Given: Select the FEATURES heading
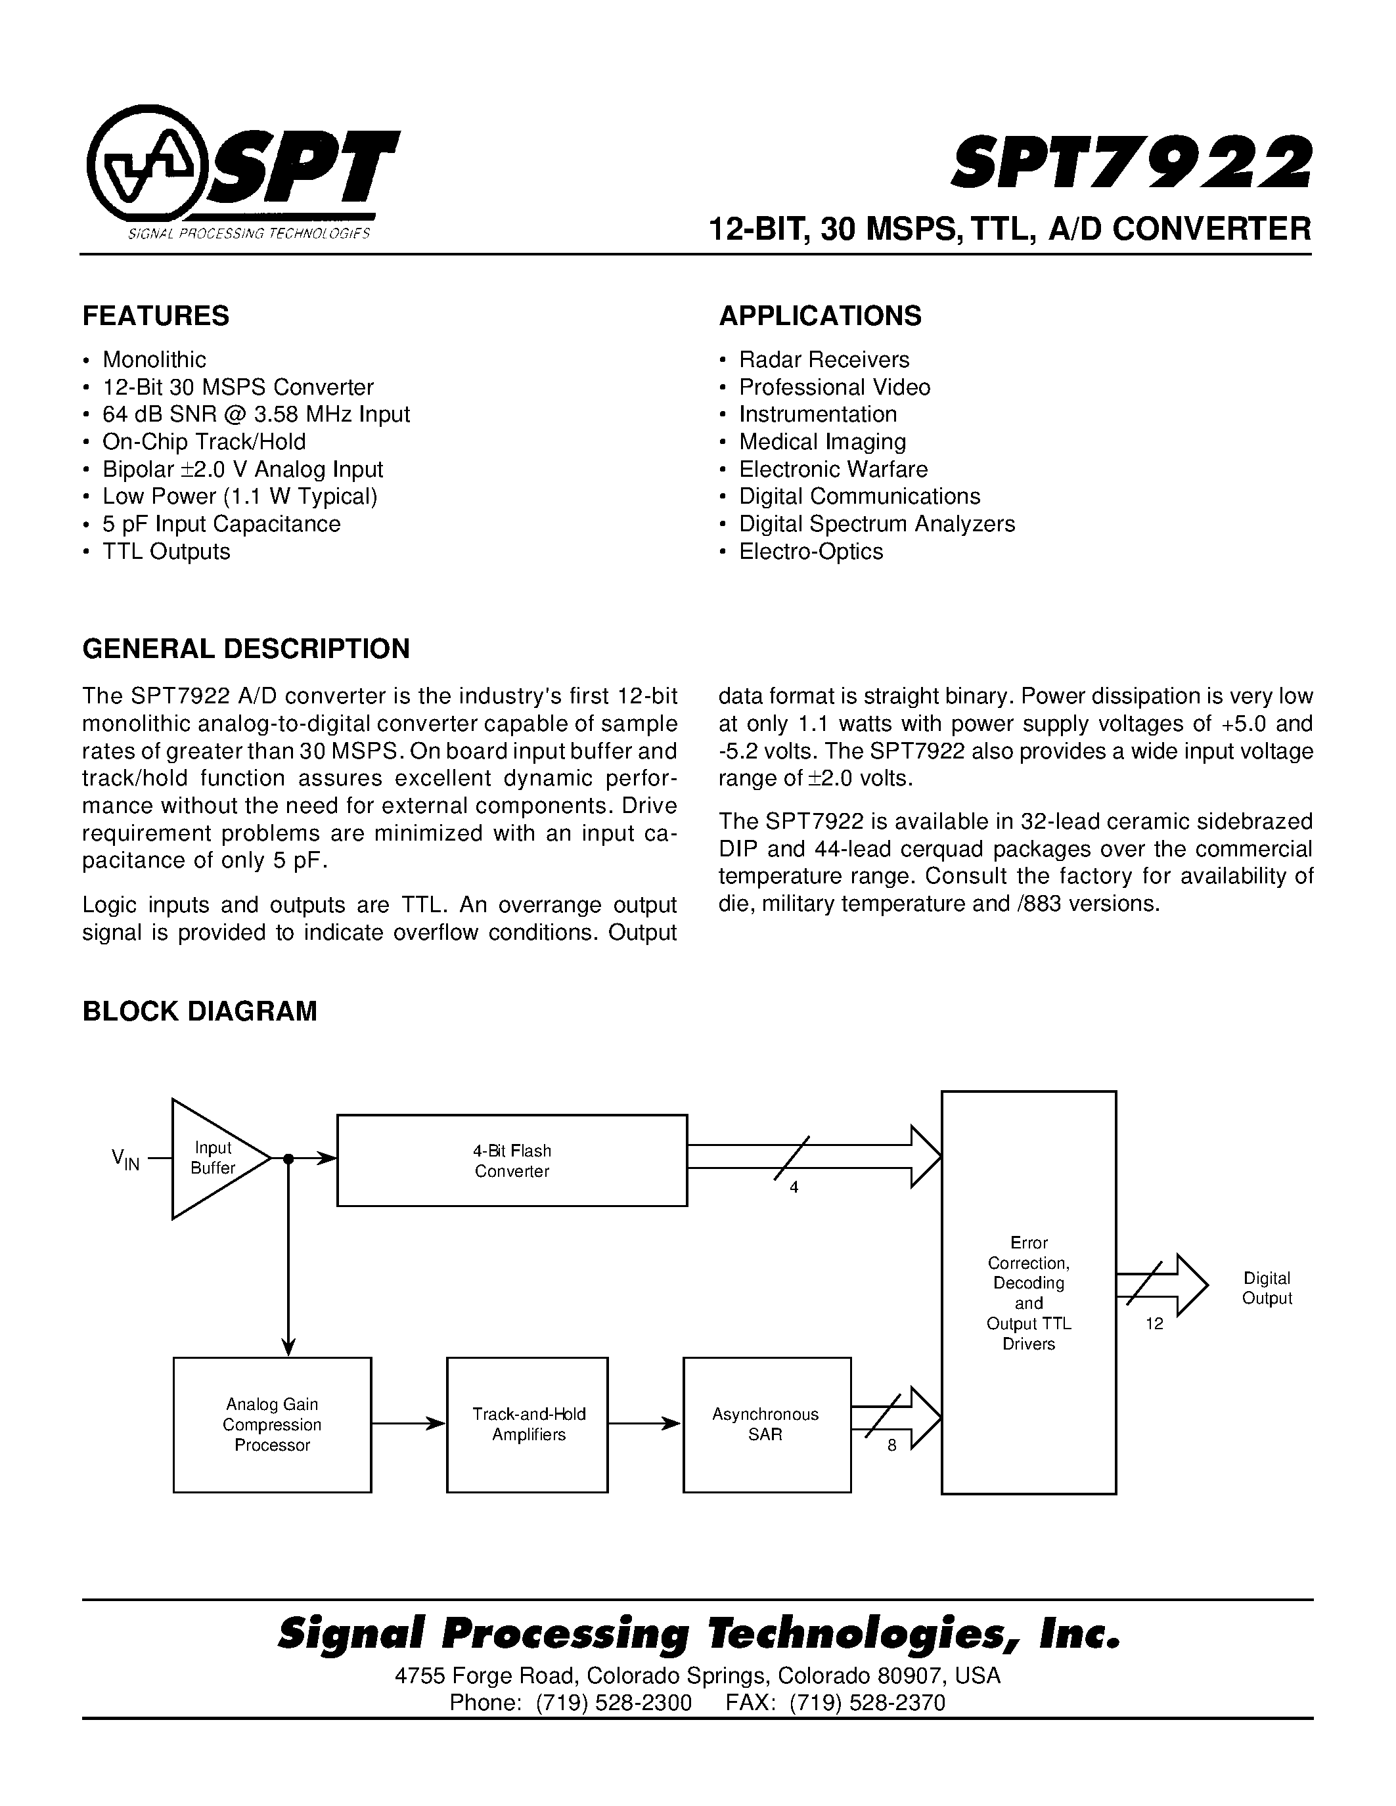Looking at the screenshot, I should (x=156, y=316).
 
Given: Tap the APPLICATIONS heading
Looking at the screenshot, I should (x=820, y=316).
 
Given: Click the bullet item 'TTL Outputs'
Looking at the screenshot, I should (x=166, y=552).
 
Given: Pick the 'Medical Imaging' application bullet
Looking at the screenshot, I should (x=822, y=441).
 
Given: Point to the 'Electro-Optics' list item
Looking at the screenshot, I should (x=811, y=552).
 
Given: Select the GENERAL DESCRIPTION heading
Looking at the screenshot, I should (x=246, y=649).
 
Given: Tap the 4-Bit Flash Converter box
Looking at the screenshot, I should (x=512, y=1161).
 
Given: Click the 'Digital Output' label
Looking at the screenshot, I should (x=1266, y=1288).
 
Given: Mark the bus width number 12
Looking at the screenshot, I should (x=1154, y=1324).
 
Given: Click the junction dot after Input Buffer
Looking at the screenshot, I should (x=288, y=1158).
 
